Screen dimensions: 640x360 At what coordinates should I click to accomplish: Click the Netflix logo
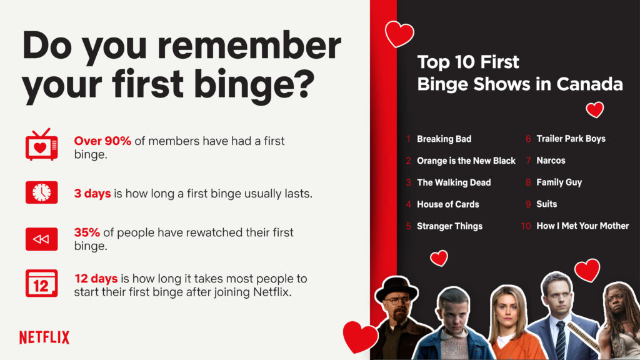pos(44,337)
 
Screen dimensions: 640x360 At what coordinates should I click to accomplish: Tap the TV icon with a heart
pos(42,144)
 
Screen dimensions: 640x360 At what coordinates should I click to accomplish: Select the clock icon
pos(42,192)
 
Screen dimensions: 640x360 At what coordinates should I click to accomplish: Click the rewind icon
pos(42,239)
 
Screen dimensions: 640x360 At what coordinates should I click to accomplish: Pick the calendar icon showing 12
pos(42,283)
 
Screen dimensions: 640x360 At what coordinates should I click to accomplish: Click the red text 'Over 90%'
pos(102,141)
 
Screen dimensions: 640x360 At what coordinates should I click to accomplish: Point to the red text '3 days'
pos(92,194)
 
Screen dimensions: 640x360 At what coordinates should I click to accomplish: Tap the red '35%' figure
pos(87,232)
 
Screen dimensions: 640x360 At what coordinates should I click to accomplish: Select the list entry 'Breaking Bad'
pos(444,139)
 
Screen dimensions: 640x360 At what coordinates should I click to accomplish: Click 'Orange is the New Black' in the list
pos(466,161)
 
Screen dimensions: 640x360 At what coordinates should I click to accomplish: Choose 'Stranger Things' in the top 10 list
pos(449,226)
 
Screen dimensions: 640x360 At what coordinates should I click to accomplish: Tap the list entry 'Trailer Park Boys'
pos(571,139)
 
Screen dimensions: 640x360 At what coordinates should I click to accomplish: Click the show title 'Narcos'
pos(551,161)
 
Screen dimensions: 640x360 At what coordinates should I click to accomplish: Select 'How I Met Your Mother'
pos(582,226)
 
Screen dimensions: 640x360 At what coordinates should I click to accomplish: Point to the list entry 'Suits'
pos(546,204)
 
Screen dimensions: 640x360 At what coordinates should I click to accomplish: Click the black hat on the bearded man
pos(396,287)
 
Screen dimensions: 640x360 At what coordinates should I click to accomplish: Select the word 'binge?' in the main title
pos(254,84)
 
